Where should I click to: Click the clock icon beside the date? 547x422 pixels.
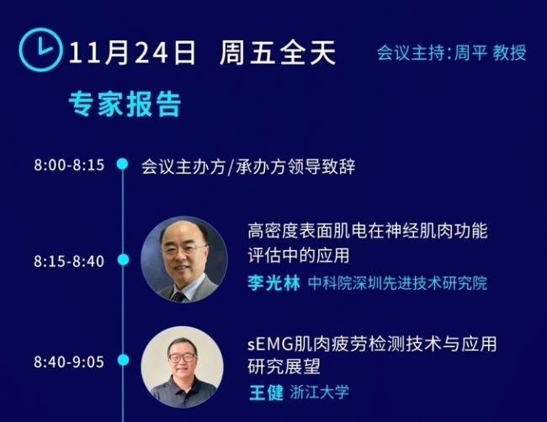pos(41,50)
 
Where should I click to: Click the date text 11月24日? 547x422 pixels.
pos(131,53)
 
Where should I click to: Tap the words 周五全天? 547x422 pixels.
pos(278,53)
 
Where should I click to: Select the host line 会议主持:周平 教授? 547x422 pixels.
pos(451,53)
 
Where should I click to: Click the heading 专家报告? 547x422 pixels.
pos(125,104)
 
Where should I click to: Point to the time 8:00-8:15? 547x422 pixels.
pos(69,165)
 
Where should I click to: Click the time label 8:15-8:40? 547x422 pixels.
pos(69,261)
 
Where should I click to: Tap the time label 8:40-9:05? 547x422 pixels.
pos(69,361)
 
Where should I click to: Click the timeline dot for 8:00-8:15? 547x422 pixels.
pos(123,163)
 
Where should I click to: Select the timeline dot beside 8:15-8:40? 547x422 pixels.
pos(123,259)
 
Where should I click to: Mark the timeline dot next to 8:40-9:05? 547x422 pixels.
pos(123,360)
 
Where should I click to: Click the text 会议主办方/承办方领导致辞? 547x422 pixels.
pos(248,166)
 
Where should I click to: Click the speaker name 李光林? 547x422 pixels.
pos(273,283)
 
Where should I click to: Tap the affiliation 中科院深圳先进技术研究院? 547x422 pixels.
pos(397,283)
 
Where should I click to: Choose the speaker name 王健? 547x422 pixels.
pos(266,393)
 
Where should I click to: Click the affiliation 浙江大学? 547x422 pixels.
pos(319,392)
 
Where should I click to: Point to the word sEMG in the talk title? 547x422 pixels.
pos(270,345)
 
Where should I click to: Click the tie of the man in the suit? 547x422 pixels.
pos(179,296)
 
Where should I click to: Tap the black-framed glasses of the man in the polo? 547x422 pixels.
pos(182,357)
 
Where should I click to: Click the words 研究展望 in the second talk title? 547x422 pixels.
pos(284,366)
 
